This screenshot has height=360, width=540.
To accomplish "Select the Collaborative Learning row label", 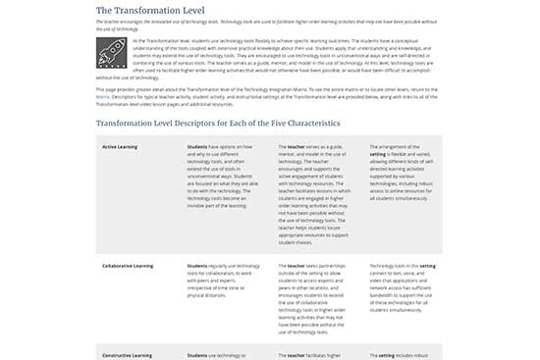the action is (x=129, y=265).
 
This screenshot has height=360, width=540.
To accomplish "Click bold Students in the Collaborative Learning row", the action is (x=197, y=265).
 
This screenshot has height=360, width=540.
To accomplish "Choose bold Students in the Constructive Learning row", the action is (x=197, y=354).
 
